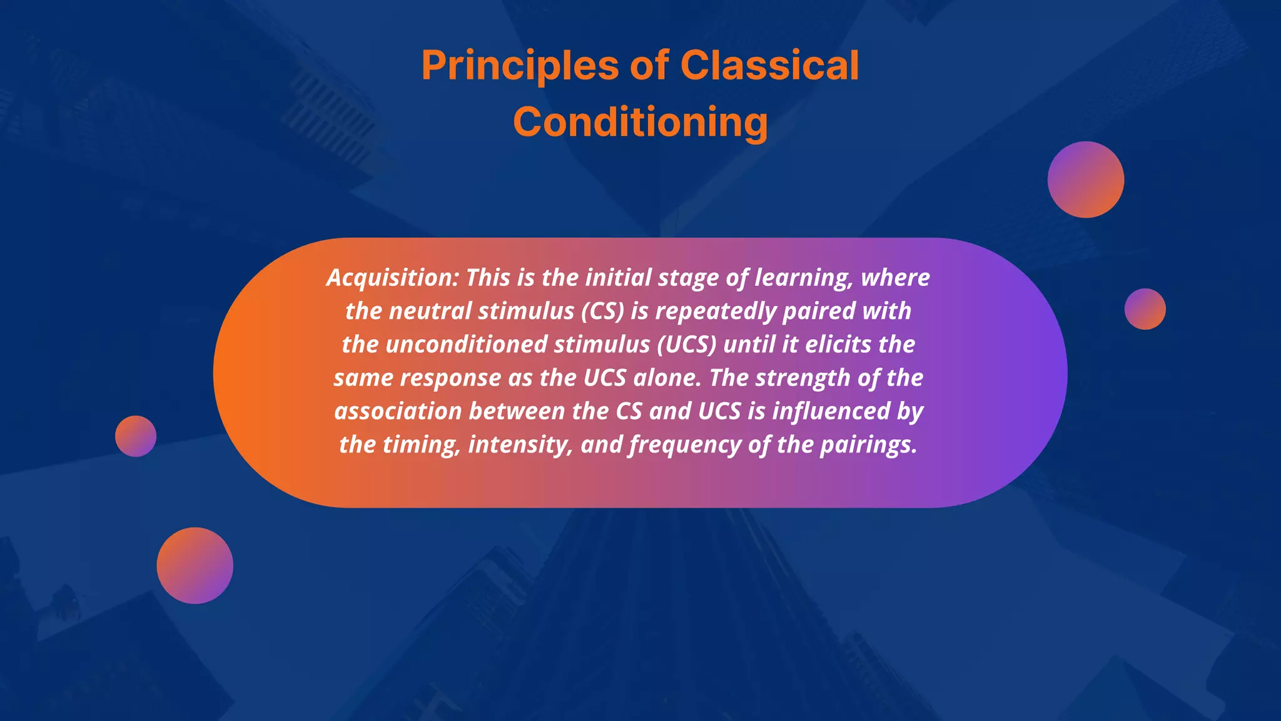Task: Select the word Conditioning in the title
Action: click(x=640, y=121)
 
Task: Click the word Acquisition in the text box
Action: click(x=392, y=277)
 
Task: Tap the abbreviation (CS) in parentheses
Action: click(x=602, y=311)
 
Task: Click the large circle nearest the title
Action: click(x=1085, y=180)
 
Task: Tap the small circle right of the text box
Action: click(x=1145, y=309)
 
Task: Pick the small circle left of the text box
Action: click(x=136, y=436)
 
